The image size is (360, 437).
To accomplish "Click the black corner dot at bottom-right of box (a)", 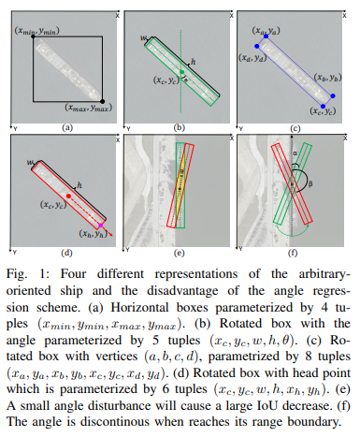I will pos(101,100).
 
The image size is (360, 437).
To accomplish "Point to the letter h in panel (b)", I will pos(193,62).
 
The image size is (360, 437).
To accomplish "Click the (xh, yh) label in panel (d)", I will pos(86,234).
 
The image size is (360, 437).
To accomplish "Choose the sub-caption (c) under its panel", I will pos(294,125).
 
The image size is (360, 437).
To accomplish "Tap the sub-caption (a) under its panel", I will pos(65,125).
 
